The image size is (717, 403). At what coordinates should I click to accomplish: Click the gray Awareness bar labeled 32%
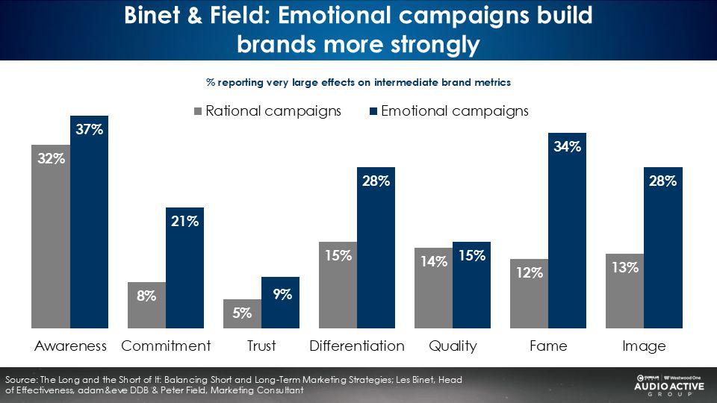[x=51, y=237]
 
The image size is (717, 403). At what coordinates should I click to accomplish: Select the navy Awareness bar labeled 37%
[x=89, y=222]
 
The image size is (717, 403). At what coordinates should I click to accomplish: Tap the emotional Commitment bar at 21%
[x=184, y=268]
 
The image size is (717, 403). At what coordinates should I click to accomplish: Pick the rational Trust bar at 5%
[x=242, y=313]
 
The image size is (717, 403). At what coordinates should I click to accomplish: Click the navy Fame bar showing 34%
[x=567, y=231]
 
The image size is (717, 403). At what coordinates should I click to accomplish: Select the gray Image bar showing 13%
[x=624, y=290]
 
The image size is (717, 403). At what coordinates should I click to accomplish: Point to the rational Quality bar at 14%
[x=433, y=288]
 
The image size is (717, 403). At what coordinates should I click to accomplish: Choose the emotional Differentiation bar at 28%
[x=376, y=248]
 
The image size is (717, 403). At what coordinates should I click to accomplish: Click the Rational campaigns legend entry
[x=268, y=111]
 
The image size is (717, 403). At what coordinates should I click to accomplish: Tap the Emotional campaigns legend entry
[x=449, y=111]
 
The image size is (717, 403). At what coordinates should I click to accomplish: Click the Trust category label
[x=261, y=346]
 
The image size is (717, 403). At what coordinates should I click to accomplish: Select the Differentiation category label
[x=357, y=346]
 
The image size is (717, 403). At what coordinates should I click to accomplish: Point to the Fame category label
[x=548, y=346]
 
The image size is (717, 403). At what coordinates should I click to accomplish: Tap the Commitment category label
[x=166, y=346]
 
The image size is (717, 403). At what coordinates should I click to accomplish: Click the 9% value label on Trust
[x=282, y=294]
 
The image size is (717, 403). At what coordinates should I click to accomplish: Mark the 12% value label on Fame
[x=530, y=272]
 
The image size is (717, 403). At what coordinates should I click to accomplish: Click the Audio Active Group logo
[x=669, y=385]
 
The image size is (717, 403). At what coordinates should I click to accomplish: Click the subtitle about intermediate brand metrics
[x=358, y=82]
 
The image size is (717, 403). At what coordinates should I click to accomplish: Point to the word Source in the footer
[x=21, y=380]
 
